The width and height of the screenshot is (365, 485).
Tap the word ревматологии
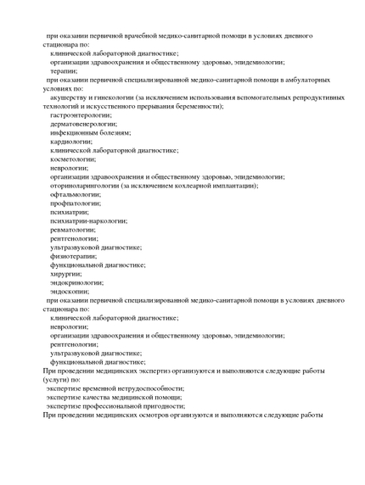73,229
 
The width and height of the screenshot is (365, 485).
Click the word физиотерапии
73,255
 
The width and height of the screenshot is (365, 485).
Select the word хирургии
65,273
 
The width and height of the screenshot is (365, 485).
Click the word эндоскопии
70,291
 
